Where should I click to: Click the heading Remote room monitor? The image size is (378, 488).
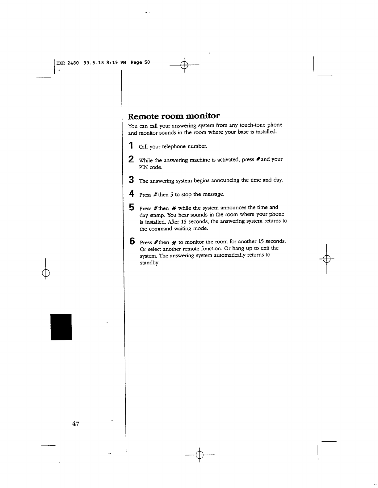pyautogui.click(x=174, y=116)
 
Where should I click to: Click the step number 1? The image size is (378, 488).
pyautogui.click(x=131, y=145)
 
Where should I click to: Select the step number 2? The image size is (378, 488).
pyautogui.click(x=131, y=159)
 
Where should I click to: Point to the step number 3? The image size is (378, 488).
pyautogui.click(x=131, y=179)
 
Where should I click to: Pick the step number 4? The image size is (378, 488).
pyautogui.click(x=131, y=194)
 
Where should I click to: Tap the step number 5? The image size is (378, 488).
pyautogui.click(x=131, y=207)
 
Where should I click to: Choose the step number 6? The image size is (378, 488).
pyautogui.click(x=132, y=241)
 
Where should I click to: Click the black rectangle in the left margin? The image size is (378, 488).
pyautogui.click(x=61, y=327)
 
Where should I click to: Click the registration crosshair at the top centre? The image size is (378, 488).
pyautogui.click(x=184, y=65)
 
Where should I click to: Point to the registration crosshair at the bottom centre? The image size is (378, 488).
pyautogui.click(x=200, y=455)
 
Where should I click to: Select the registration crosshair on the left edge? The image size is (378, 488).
pyautogui.click(x=46, y=273)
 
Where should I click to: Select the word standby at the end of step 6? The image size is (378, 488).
pyautogui.click(x=149, y=263)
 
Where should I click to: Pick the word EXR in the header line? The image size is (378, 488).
pyautogui.click(x=61, y=63)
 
